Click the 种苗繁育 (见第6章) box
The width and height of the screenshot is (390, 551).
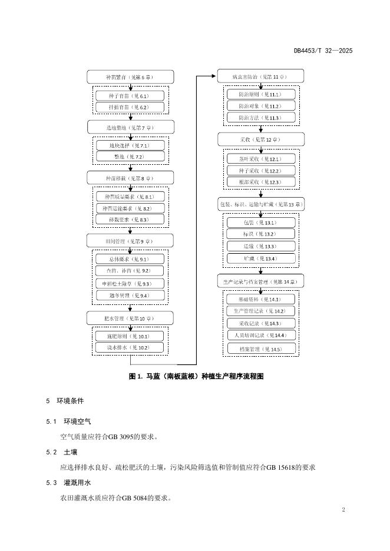click(x=130, y=77)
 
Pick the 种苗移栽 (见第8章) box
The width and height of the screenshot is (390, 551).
click(x=130, y=177)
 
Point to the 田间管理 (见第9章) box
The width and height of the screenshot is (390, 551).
click(x=130, y=240)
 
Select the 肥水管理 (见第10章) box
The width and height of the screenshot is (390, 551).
click(x=130, y=318)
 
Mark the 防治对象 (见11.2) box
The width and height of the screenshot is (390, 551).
click(x=259, y=106)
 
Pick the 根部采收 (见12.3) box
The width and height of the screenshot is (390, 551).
click(x=259, y=182)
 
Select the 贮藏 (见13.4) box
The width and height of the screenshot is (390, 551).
click(x=259, y=258)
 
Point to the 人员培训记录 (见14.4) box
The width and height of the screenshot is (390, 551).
click(x=259, y=335)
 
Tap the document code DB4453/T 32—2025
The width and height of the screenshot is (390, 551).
click(x=323, y=51)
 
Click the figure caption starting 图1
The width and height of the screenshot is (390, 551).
click(x=195, y=376)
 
